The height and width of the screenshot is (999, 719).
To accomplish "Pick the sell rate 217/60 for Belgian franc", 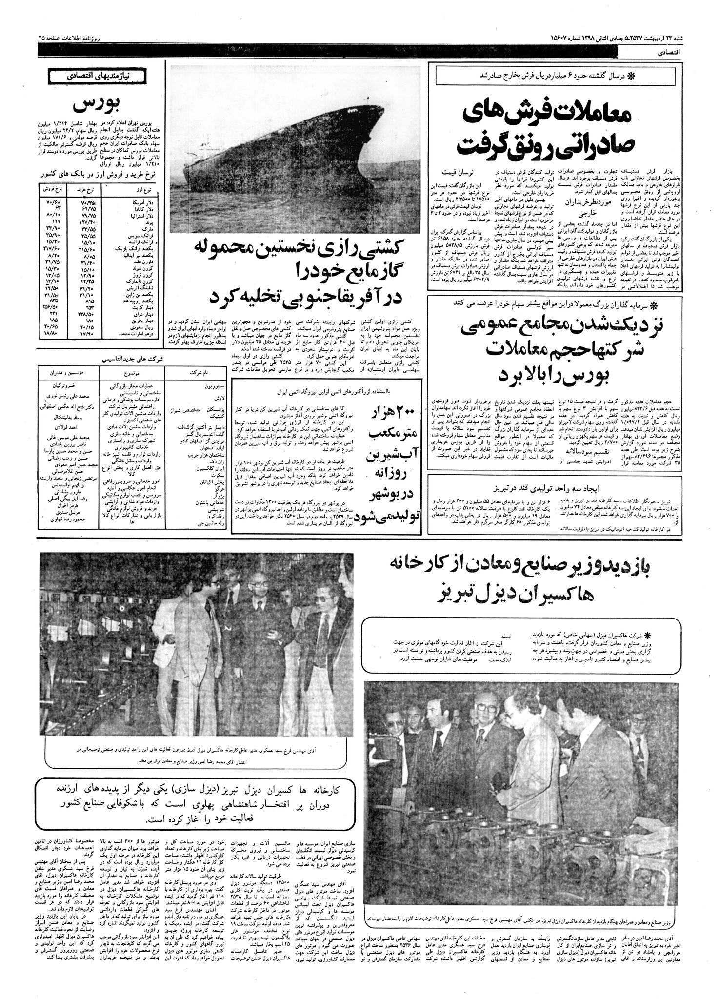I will click(52, 248).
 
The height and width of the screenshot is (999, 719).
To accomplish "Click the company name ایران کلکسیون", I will click(196, 460).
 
